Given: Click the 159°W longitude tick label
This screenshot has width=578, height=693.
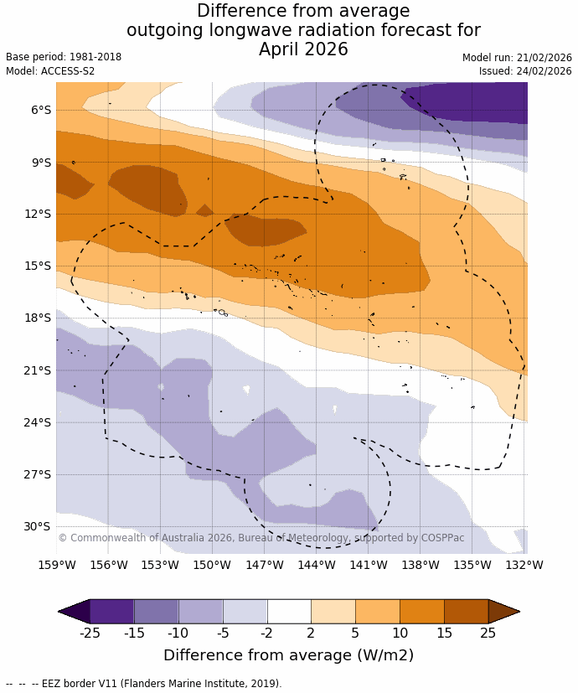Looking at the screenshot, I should [x=56, y=565].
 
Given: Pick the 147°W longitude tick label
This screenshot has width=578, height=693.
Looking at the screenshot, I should [x=265, y=565].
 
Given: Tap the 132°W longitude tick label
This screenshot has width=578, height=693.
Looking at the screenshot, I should [x=524, y=565].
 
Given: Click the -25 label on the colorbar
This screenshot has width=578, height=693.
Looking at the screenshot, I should [x=90, y=633].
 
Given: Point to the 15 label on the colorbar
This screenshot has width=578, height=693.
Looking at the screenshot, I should [x=444, y=633].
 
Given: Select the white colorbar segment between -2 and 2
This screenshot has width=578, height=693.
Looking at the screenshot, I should [x=289, y=612].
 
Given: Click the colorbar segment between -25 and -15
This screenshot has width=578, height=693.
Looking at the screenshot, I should [x=111, y=612].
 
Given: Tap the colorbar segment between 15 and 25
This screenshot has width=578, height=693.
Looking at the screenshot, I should [x=466, y=612].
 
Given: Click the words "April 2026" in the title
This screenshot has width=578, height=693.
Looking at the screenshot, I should [x=303, y=49].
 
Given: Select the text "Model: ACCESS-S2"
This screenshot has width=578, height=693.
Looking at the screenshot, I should [x=50, y=71].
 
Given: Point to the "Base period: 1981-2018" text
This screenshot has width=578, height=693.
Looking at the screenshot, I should [x=64, y=57].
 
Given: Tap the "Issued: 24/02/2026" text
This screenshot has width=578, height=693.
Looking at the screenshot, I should [x=525, y=71].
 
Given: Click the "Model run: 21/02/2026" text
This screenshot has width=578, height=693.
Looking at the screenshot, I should [x=517, y=58].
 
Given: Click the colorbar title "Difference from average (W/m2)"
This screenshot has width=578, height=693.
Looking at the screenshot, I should [x=289, y=655].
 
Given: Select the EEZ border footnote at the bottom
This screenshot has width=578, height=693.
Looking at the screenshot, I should [x=144, y=684].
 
